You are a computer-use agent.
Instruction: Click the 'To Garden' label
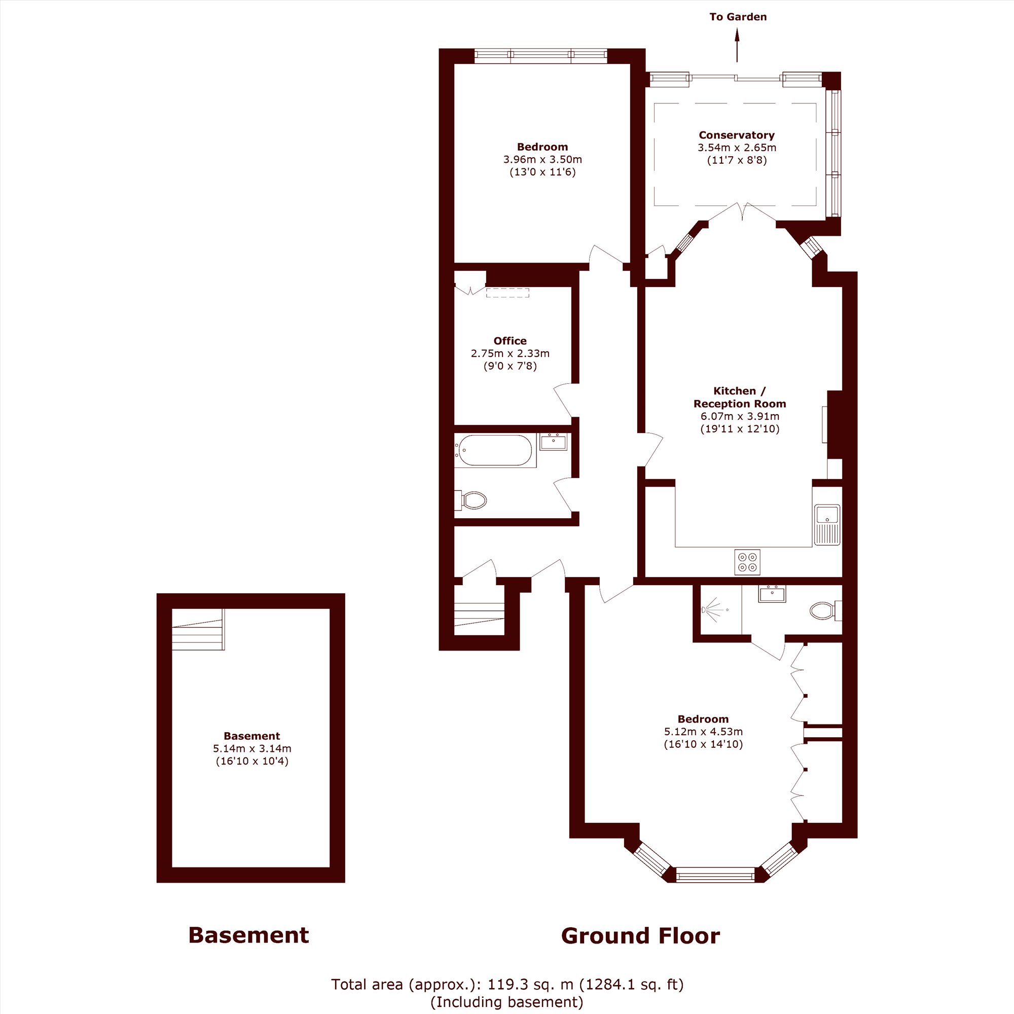tap(738, 17)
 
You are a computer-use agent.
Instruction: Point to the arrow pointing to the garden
tap(737, 45)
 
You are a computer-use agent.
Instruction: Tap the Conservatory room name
tap(736, 135)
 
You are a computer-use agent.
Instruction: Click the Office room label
tap(510, 341)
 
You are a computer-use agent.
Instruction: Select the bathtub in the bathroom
tap(495, 450)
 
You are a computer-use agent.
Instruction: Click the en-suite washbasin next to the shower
tap(772, 594)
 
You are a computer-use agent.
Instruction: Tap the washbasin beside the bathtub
tap(553, 442)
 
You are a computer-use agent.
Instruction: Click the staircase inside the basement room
tap(198, 629)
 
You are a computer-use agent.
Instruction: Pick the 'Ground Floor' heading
tap(640, 935)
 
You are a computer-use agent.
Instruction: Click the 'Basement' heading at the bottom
tap(248, 935)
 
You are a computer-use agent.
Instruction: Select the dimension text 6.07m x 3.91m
tap(740, 416)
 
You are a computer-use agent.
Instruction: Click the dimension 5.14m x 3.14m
tap(252, 748)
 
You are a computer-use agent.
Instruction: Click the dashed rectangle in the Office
tap(507, 293)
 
